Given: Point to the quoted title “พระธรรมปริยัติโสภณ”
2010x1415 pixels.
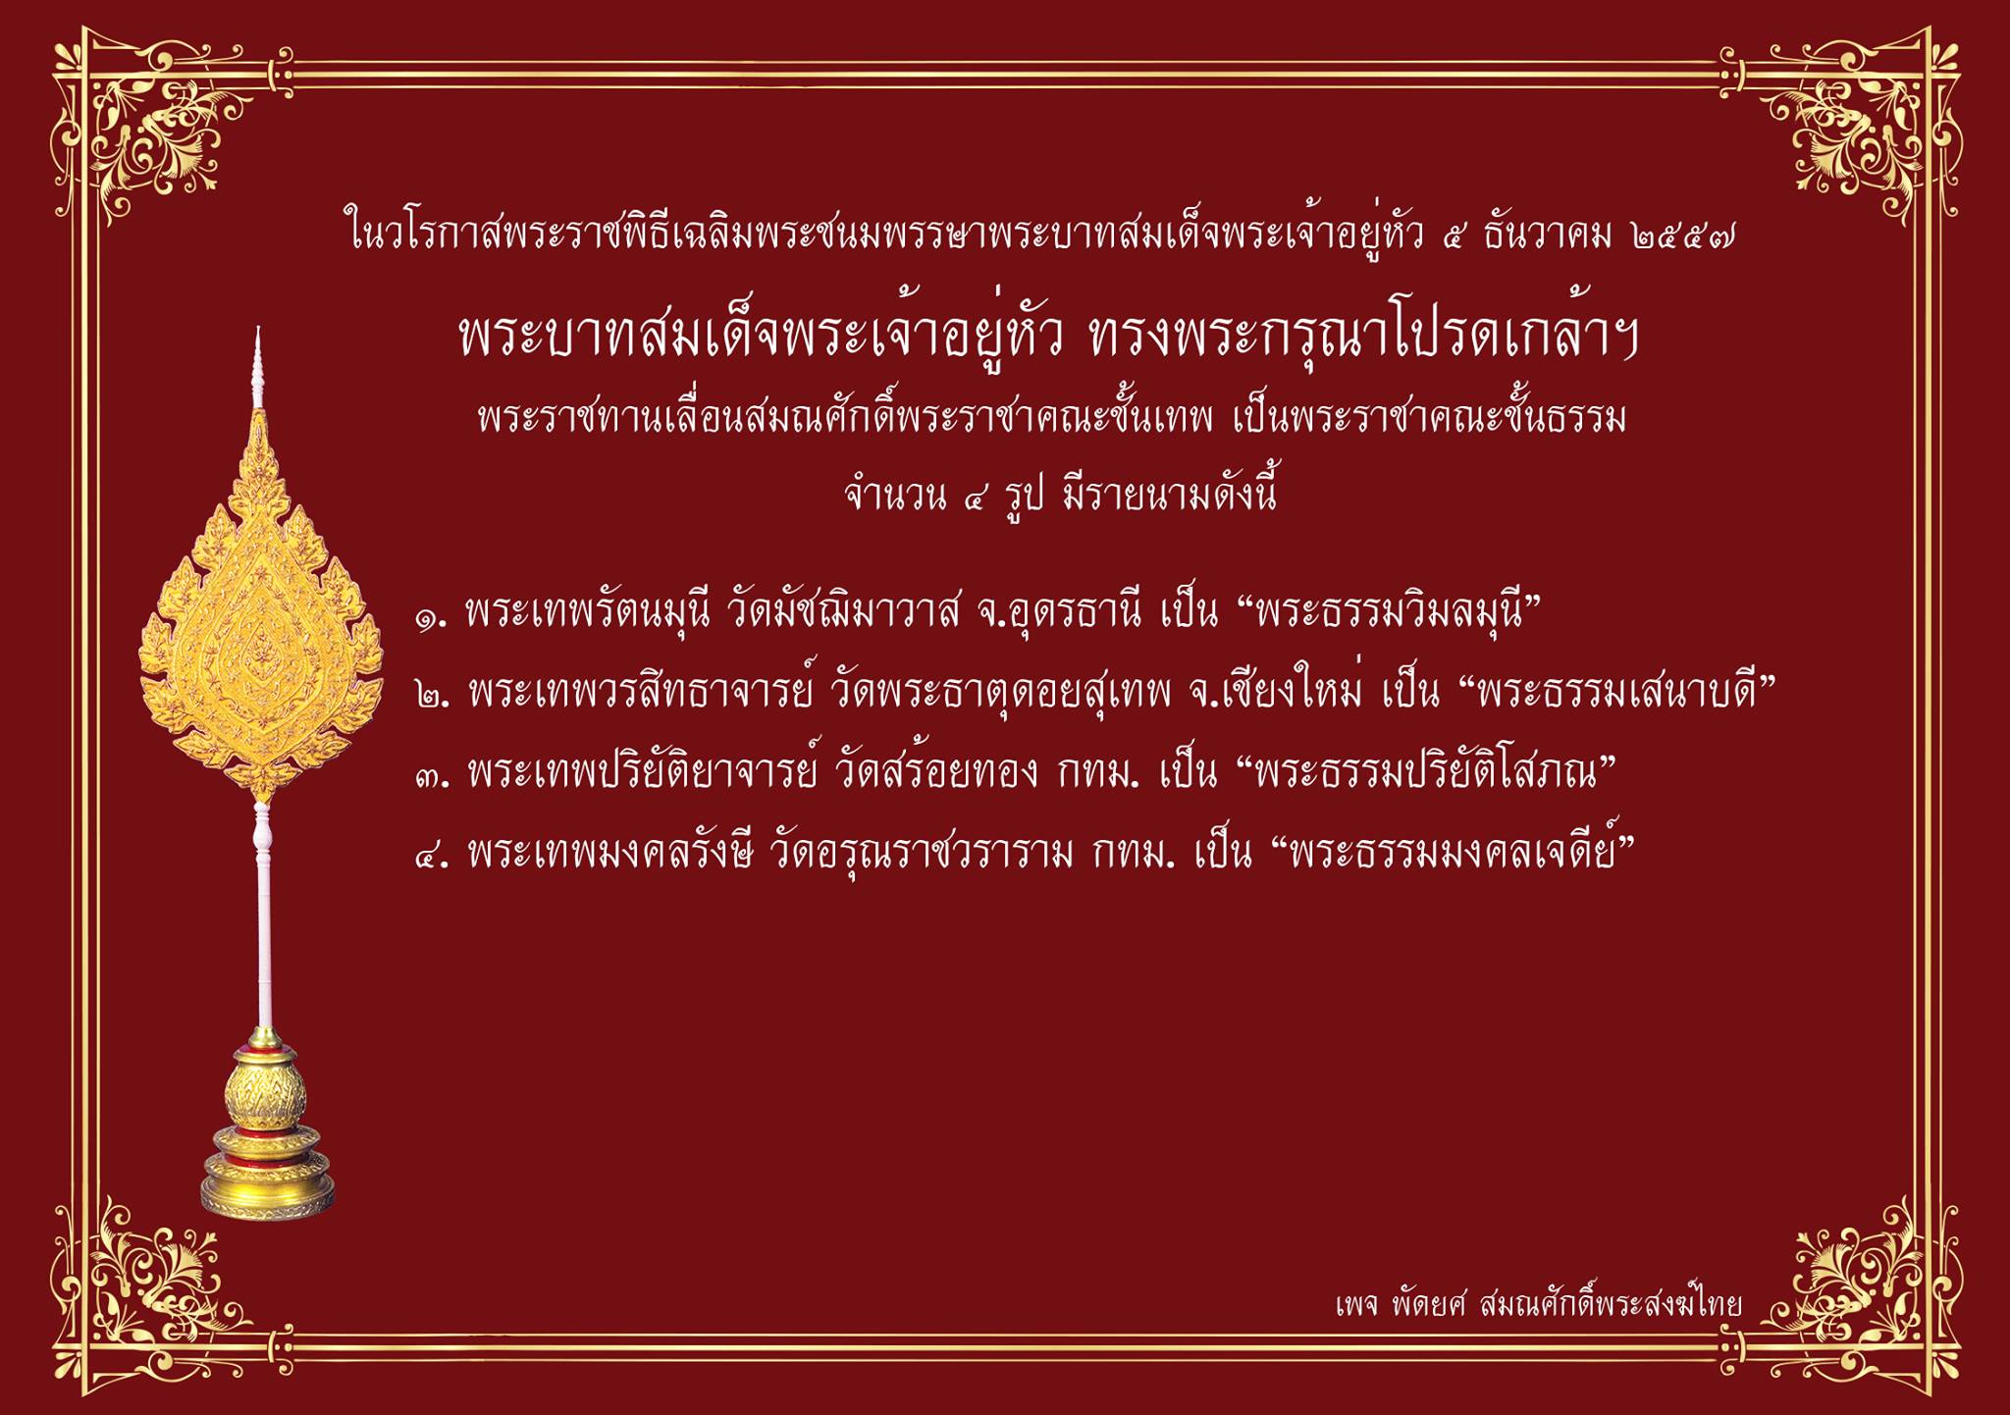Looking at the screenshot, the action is click(1421, 773).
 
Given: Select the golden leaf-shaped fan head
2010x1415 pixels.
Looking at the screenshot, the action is click(261, 603).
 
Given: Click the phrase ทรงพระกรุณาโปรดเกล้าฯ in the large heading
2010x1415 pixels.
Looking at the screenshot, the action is click(1365, 337).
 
